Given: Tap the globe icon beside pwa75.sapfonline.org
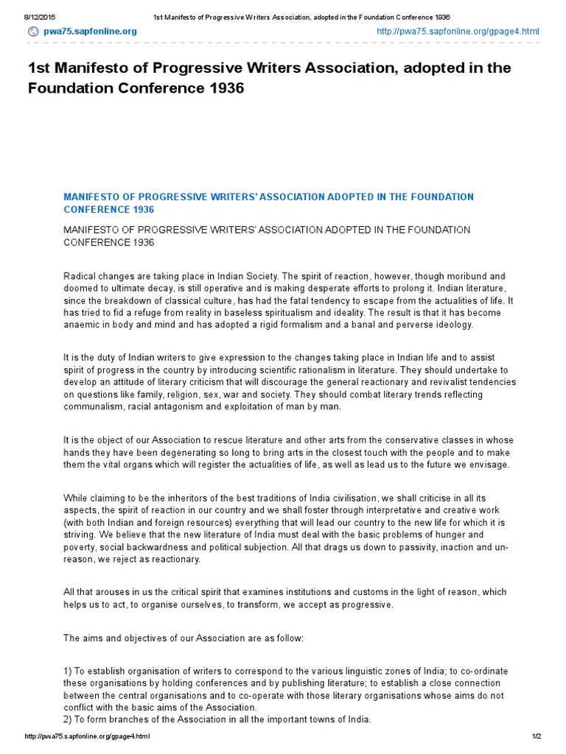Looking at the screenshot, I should pyautogui.click(x=33, y=31).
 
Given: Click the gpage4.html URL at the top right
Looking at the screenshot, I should pyautogui.click(x=458, y=31).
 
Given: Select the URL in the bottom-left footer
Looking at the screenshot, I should pyautogui.click(x=88, y=736).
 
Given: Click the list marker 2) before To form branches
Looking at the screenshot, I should pyautogui.click(x=68, y=719).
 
